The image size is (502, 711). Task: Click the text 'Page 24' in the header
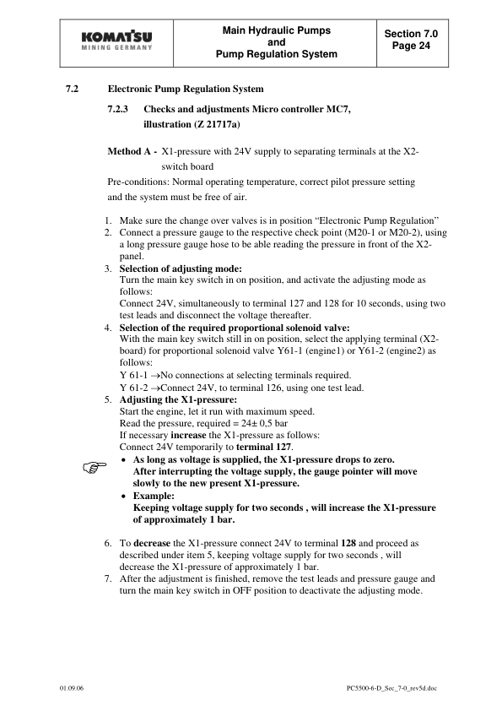tap(412, 46)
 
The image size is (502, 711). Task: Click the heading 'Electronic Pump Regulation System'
tap(186, 89)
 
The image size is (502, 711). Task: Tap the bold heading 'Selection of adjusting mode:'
tap(174, 268)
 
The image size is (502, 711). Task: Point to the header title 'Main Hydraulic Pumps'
tap(276, 30)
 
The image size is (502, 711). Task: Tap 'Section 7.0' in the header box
tap(412, 33)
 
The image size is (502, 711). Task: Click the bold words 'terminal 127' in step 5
tap(262, 445)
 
